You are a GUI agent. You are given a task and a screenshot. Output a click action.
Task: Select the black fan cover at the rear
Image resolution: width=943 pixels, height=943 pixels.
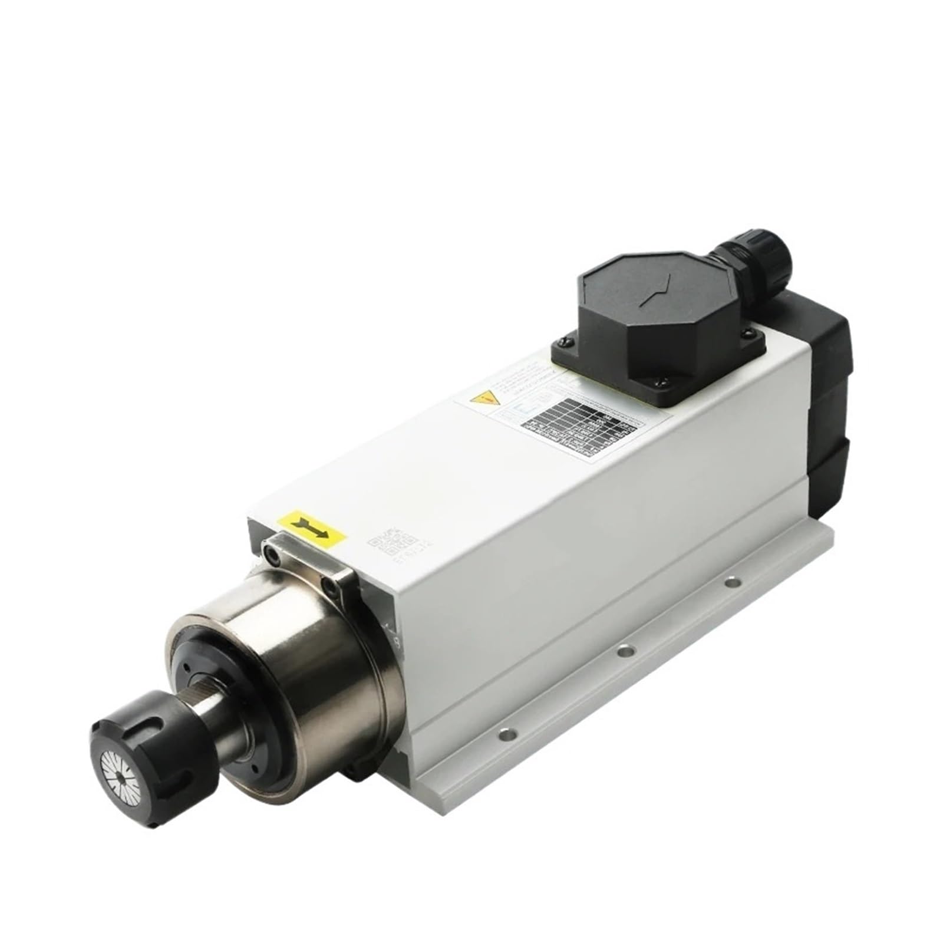coord(825,401)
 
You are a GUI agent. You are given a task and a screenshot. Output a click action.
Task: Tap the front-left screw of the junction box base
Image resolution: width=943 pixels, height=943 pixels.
coord(565,341)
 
